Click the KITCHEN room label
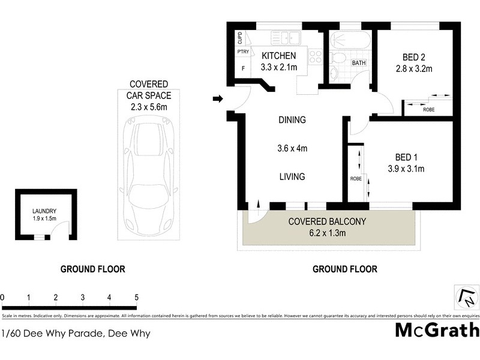coord(278,56)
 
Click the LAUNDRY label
coord(44,211)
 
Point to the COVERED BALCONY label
coord(326,220)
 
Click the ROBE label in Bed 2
coord(428,110)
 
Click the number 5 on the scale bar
coord(137,297)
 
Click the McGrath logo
coord(437,329)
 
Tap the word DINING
coord(292,120)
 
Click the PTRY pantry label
coord(243,52)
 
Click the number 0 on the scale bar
coord(2,297)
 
